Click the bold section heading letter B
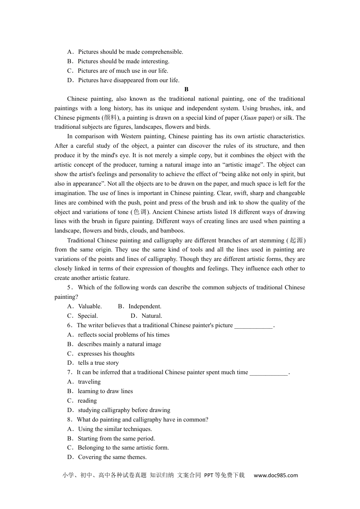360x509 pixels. click(x=186, y=89)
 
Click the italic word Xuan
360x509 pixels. click(x=250, y=118)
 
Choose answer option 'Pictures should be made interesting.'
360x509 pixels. click(x=124, y=61)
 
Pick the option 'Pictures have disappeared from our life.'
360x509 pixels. click(x=128, y=80)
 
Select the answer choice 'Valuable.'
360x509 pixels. click(x=90, y=306)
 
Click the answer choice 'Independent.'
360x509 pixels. click(x=145, y=306)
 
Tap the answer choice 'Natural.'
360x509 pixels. click(x=152, y=316)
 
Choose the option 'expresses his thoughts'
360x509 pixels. click(x=106, y=354)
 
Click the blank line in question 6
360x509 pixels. click(x=253, y=326)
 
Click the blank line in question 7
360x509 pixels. click(x=269, y=373)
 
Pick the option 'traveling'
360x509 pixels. click(x=89, y=382)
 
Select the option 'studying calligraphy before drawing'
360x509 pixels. click(x=124, y=410)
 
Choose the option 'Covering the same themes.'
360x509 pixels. click(x=112, y=457)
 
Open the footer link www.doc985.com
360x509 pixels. click(x=275, y=475)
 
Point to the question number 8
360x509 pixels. click(x=69, y=420)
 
